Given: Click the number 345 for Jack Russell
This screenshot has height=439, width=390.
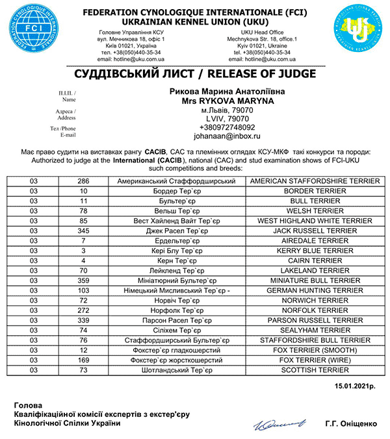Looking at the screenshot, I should [x=83, y=231].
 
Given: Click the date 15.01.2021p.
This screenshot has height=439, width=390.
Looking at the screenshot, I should [x=355, y=387].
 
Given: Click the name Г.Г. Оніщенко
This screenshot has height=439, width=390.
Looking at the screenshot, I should [x=351, y=424].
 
